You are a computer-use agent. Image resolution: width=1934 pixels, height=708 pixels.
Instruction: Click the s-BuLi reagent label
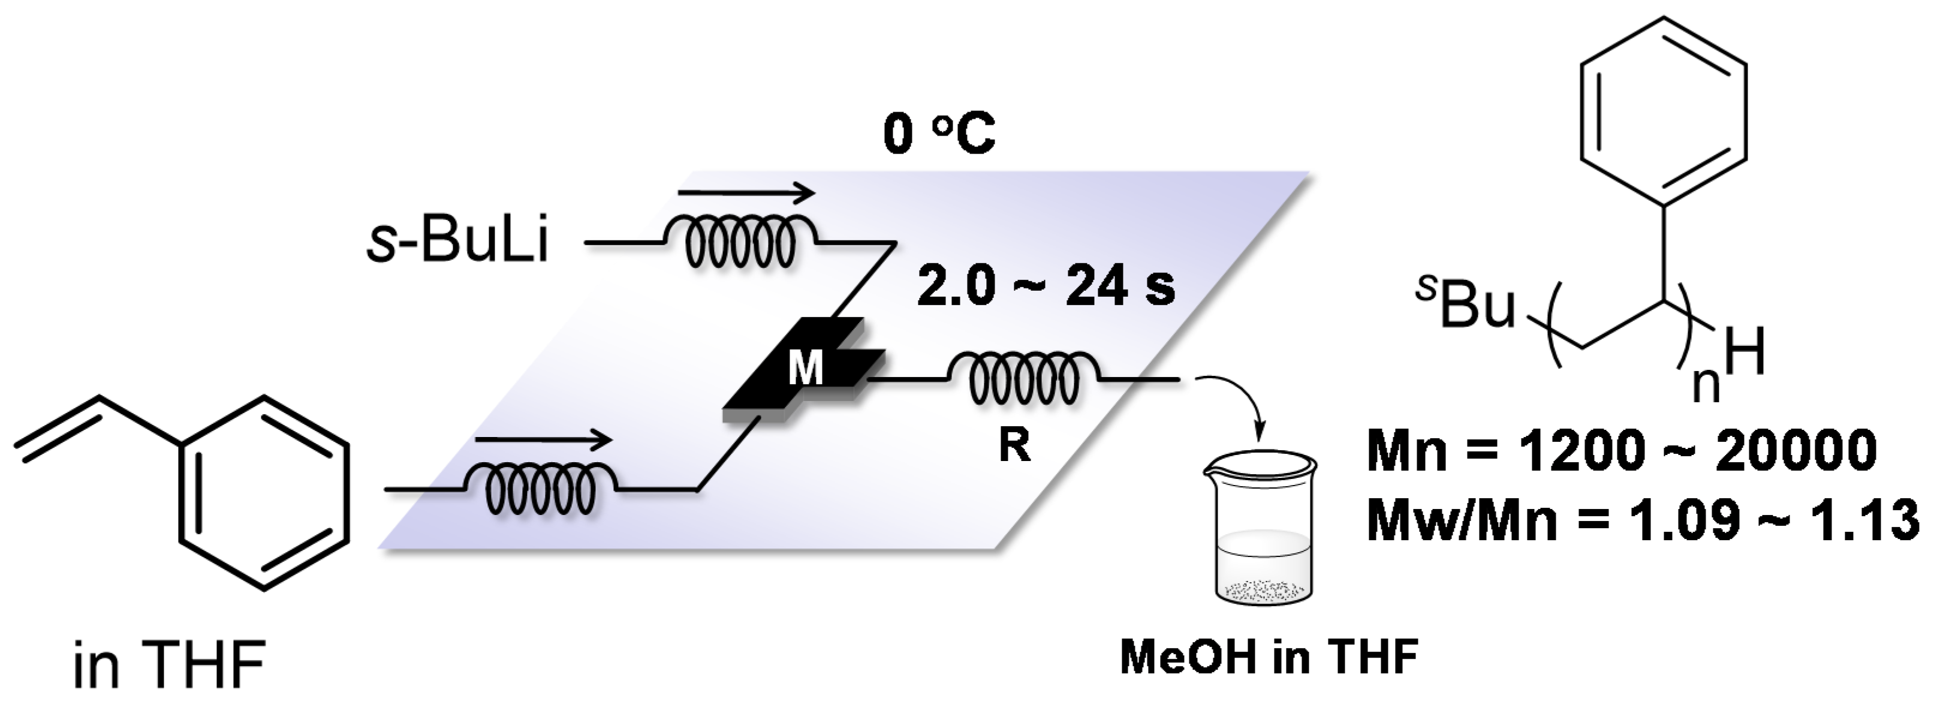(457, 243)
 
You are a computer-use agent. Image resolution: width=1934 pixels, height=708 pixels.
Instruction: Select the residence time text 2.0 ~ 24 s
(1046, 287)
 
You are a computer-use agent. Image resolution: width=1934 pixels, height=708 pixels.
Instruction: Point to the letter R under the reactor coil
(1014, 445)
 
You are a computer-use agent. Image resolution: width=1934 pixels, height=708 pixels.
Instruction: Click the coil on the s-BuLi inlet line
(740, 242)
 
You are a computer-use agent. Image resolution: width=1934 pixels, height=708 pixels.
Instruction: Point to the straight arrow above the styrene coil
(544, 440)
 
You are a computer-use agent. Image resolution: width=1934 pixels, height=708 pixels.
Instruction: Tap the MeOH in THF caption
(1269, 657)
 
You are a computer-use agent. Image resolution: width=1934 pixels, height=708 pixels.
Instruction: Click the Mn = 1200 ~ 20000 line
(1622, 453)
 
